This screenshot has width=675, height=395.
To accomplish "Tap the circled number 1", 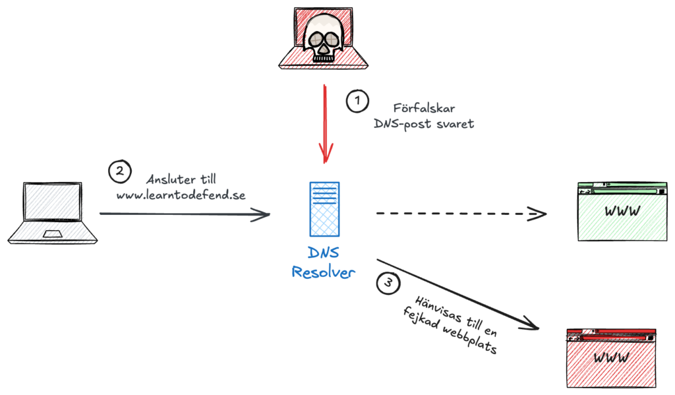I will (x=357, y=102).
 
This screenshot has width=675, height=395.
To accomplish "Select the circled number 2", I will (x=119, y=172).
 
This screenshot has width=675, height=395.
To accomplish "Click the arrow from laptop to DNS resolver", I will (x=185, y=214).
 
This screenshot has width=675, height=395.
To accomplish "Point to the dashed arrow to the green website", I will (x=461, y=214).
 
